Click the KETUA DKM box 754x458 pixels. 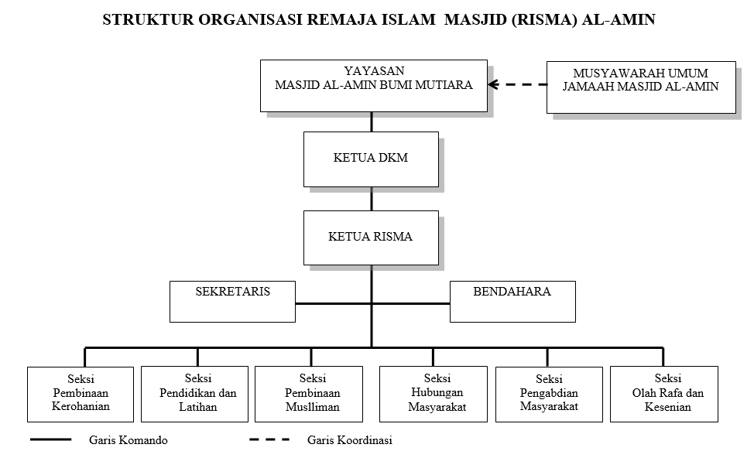[x=371, y=159]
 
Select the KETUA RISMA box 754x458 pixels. [x=371, y=238]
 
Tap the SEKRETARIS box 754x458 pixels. [x=233, y=301]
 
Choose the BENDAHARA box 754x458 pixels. [x=512, y=301]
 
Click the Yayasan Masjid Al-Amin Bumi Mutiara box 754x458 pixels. [x=374, y=85]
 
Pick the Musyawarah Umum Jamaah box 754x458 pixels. [x=640, y=87]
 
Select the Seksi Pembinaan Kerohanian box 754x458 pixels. [x=81, y=393]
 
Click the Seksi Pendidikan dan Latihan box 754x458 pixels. [x=197, y=393]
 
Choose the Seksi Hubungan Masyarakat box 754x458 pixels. [x=432, y=393]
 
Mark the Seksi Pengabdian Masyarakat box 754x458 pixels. [x=548, y=393]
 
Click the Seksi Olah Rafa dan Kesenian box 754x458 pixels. [x=663, y=393]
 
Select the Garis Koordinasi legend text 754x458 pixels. [x=349, y=441]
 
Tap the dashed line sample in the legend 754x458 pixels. [x=269, y=439]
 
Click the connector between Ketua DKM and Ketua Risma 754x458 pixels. [x=372, y=199]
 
